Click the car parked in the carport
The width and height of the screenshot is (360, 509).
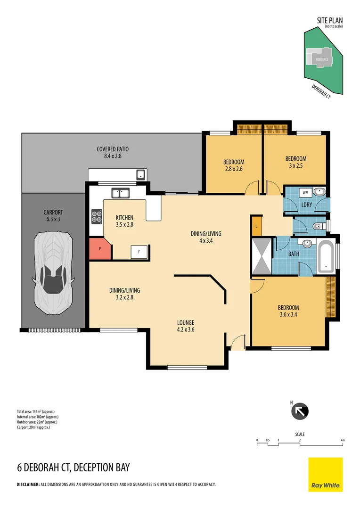[x=54, y=273]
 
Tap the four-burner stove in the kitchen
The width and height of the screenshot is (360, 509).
[x=97, y=216]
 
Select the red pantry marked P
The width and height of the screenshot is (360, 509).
[x=100, y=248]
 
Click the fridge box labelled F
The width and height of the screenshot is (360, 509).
[x=139, y=252]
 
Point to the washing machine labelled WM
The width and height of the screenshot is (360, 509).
[x=305, y=193]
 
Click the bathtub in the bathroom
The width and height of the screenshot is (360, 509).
[x=326, y=257]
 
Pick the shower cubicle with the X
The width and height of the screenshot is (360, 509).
[x=262, y=256]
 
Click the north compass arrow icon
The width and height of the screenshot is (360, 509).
[x=300, y=411]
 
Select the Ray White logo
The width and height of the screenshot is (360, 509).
[x=326, y=474]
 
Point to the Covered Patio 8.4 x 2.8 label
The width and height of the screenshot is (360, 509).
[x=113, y=152]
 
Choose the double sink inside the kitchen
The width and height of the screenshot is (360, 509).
[x=121, y=192]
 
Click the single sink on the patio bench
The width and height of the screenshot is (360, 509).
[x=140, y=175]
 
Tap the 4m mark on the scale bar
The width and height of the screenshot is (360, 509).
[x=343, y=440]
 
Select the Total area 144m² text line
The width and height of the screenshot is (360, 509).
[x=37, y=411]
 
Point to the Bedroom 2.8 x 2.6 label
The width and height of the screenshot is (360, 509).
[x=233, y=165]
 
